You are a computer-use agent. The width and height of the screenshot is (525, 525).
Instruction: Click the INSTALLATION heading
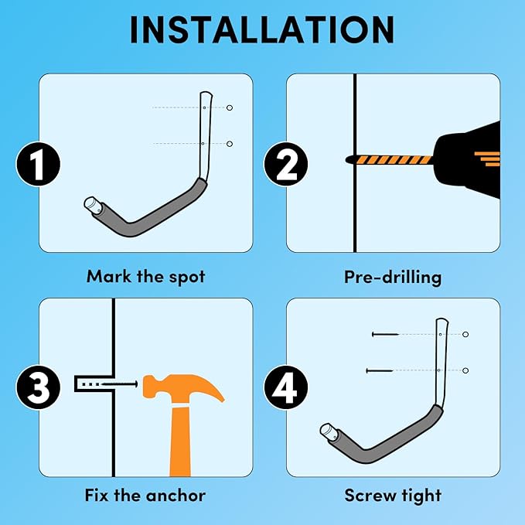262,30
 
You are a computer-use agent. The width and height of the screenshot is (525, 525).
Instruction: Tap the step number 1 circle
38,164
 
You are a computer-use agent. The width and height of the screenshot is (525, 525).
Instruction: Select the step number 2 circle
285,164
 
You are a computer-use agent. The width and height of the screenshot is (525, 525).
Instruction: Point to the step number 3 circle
38,387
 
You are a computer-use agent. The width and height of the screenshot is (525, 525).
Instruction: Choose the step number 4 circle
285,387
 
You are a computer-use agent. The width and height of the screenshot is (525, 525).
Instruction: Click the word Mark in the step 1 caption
109,277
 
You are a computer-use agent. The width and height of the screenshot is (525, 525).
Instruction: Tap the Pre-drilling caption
393,278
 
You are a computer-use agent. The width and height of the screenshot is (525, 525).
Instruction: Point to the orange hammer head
181,387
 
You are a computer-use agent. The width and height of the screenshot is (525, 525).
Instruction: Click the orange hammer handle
180,441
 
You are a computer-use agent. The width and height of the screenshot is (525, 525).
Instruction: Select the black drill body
469,160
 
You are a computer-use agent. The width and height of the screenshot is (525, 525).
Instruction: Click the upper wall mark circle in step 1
230,107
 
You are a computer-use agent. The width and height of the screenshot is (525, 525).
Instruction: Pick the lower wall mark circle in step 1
230,144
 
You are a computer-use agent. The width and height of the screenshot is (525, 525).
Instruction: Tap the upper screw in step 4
385,334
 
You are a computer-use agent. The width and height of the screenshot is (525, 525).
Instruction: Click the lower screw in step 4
380,370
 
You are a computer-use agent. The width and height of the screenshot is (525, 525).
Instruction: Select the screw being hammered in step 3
119,384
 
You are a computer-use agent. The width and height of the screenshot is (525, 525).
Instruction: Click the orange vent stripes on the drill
488,159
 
